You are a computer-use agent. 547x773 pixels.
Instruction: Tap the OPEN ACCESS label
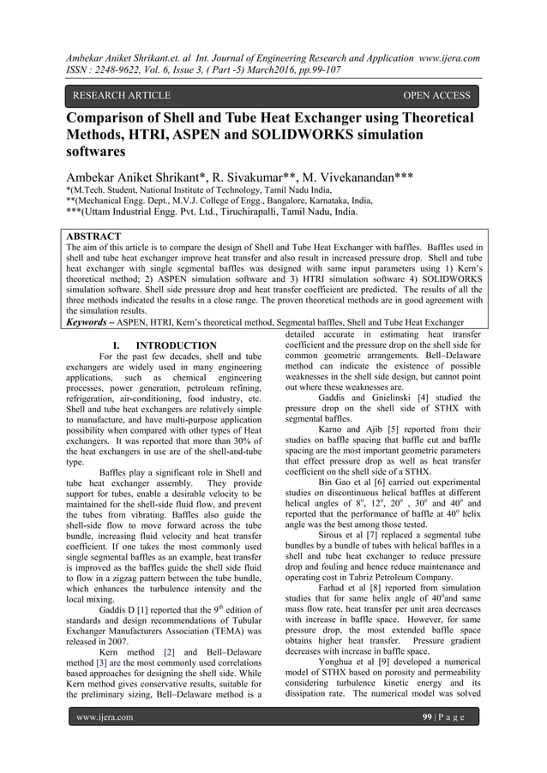[x=436, y=95]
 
